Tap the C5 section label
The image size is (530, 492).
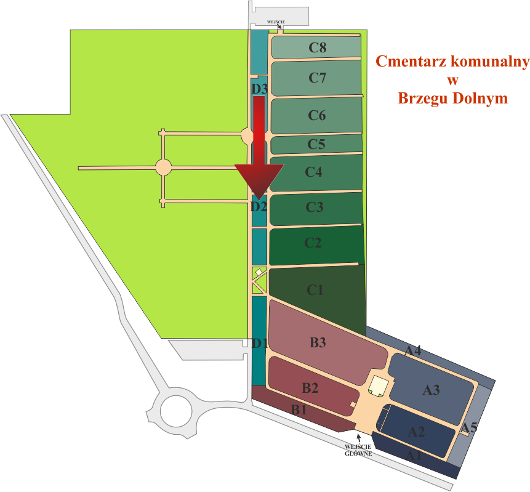click(x=316, y=145)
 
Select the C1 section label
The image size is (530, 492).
click(x=315, y=290)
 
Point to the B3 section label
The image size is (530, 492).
click(x=318, y=343)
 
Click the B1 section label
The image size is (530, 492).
click(x=299, y=409)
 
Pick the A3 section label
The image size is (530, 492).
click(x=431, y=390)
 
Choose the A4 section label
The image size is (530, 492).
click(x=413, y=351)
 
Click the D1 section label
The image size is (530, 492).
click(x=259, y=342)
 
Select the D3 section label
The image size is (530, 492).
click(x=259, y=89)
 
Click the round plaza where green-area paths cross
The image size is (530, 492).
click(x=163, y=167)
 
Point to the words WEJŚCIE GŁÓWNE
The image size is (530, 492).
click(x=358, y=449)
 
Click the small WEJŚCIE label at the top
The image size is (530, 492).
click(x=276, y=22)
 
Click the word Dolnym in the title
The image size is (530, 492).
click(x=479, y=98)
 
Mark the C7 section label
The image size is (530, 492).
click(x=317, y=78)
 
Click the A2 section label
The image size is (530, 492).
click(x=417, y=431)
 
